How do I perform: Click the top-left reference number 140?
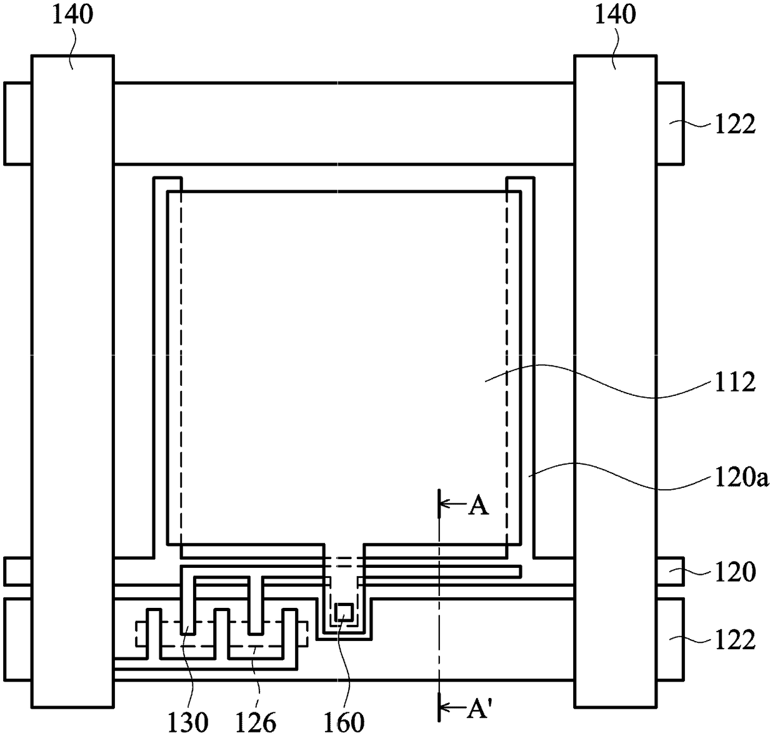tap(72, 14)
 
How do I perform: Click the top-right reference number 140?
tap(615, 14)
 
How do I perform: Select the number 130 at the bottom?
tap(187, 722)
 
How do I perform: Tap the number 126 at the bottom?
tap(256, 722)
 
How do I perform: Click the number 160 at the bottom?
tap(344, 722)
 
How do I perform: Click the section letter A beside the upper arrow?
tap(479, 507)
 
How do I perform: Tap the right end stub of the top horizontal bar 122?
tap(669, 123)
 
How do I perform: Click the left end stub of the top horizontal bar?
tap(17, 123)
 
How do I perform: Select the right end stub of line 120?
tap(669, 572)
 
